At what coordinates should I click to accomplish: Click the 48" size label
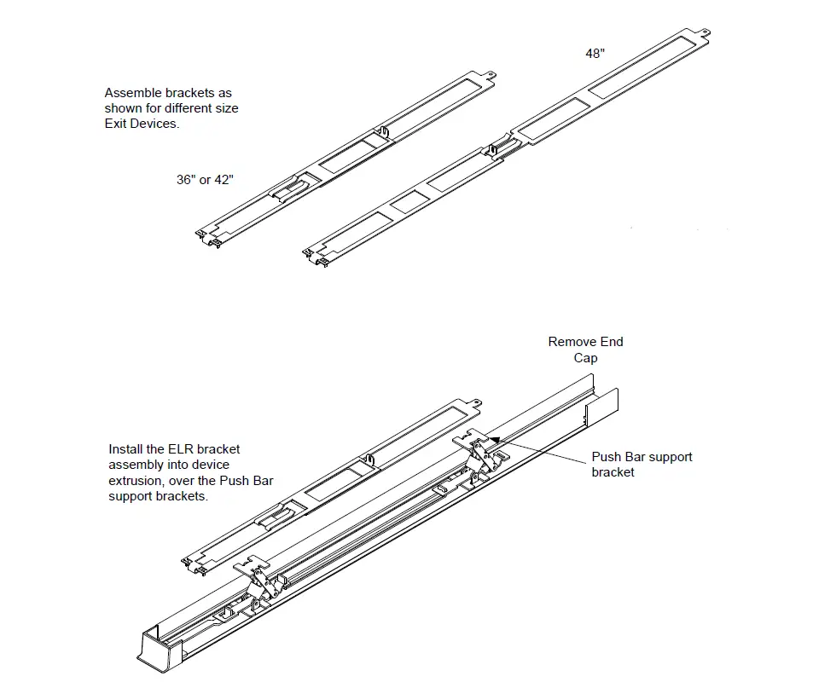pos(595,53)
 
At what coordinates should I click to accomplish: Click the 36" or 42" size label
pos(205,180)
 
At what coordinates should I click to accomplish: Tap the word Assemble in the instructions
pos(132,93)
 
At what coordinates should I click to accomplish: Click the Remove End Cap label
pos(585,350)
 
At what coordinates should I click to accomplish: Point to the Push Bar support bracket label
pos(642,464)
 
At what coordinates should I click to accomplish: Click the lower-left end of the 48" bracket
pos(313,254)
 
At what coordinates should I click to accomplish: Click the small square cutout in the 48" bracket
pos(409,201)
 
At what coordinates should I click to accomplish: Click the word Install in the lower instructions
pos(126,448)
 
